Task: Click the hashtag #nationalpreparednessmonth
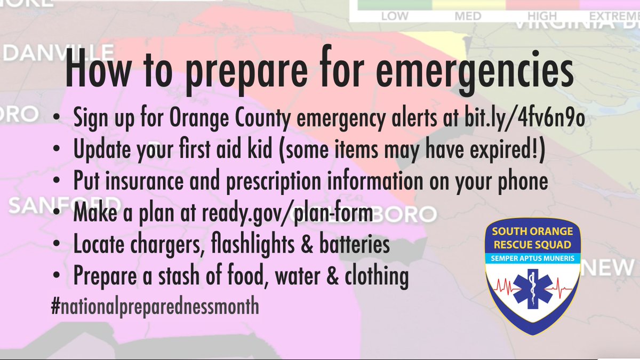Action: [155, 307]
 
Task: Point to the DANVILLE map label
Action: [59, 53]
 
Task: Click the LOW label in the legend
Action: [395, 16]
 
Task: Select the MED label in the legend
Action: [468, 16]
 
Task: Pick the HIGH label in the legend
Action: [542, 16]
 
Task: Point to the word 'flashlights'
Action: [262, 245]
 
